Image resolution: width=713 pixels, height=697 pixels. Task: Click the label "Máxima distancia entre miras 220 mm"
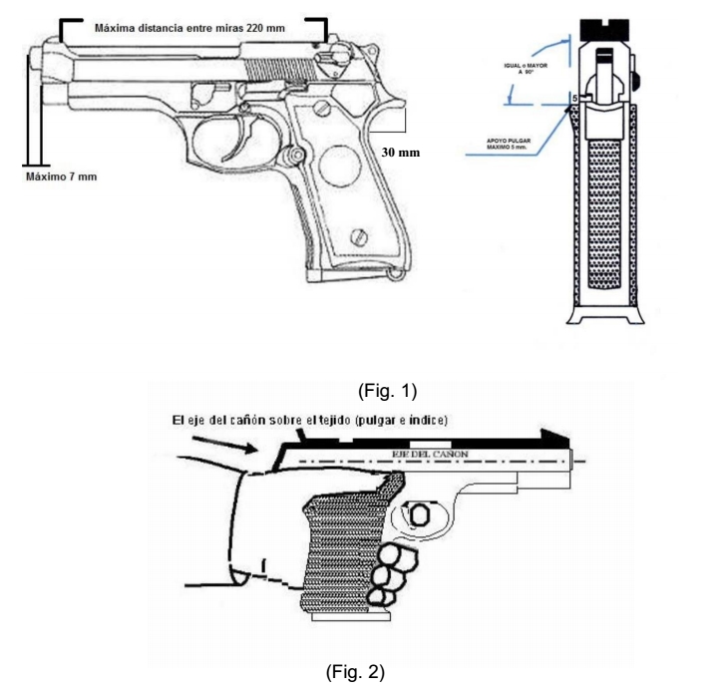coord(189,29)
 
